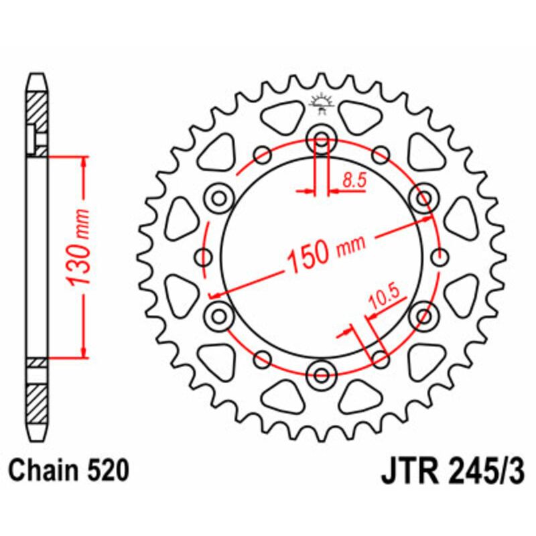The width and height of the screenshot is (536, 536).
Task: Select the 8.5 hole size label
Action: (352, 179)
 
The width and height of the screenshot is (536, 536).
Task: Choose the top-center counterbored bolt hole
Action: (321, 141)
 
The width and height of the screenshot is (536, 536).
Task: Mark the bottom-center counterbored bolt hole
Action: (321, 373)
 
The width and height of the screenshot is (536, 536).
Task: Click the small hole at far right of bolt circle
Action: (440, 256)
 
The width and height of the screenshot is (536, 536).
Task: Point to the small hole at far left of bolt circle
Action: (202, 256)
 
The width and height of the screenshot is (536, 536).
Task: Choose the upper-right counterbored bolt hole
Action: (423, 198)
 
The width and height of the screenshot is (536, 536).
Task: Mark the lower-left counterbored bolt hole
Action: (218, 314)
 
